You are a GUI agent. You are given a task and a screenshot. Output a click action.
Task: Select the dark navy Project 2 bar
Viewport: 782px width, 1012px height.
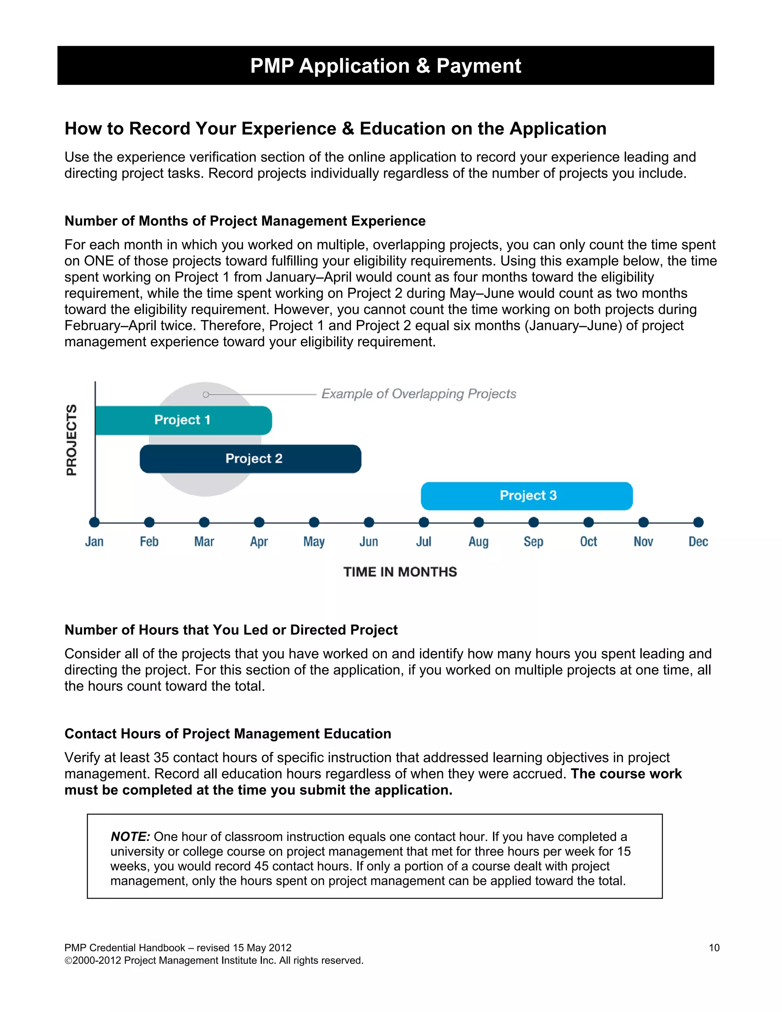(250, 459)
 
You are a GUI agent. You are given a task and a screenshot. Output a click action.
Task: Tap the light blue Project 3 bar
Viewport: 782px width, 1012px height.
(527, 496)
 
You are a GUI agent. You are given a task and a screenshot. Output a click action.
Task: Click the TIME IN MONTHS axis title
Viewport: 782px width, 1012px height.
(400, 572)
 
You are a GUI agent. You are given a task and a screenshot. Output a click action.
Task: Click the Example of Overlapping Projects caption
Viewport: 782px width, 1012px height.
(418, 394)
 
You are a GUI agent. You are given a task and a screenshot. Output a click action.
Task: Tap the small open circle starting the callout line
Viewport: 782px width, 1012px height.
(206, 394)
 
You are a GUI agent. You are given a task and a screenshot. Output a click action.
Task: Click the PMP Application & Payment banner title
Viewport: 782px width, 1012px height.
(385, 66)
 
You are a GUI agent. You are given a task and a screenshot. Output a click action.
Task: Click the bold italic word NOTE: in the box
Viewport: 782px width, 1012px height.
(130, 836)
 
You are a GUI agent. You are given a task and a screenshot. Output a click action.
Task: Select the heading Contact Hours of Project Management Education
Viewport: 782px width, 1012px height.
(228, 734)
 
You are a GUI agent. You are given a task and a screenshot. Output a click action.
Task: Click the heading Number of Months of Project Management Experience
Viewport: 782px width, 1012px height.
(245, 221)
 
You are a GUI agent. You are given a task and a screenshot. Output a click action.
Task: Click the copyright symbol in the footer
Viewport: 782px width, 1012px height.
(68, 960)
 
